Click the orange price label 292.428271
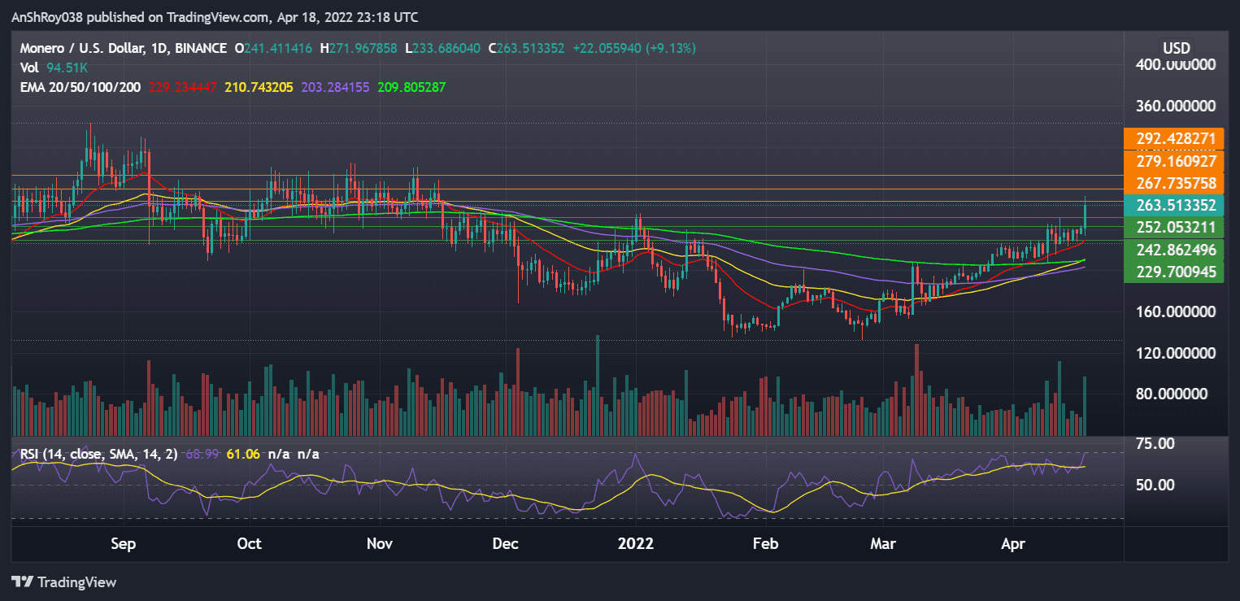tap(1171, 139)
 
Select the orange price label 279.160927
tap(1171, 161)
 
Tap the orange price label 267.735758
tap(1171, 183)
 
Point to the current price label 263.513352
tap(1171, 205)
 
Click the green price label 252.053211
tap(1171, 227)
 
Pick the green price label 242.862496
tap(1171, 250)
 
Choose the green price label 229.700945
tap(1171, 272)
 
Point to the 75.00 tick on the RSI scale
tap(1154, 444)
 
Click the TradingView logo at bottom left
tap(64, 582)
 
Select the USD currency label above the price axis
tap(1176, 48)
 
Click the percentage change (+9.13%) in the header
tap(671, 48)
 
